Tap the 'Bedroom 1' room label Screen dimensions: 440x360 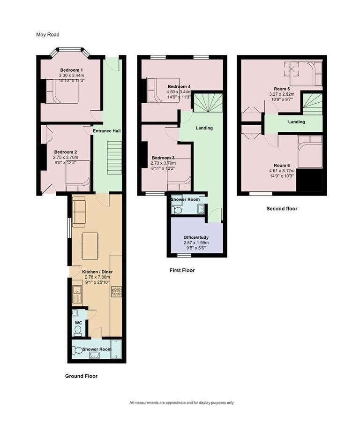pyautogui.click(x=71, y=70)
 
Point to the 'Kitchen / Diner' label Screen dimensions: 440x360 pyautogui.click(x=97, y=272)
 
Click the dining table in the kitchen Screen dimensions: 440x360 pyautogui.click(x=90, y=245)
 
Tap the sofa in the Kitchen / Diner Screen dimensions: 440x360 pyautogui.click(x=79, y=212)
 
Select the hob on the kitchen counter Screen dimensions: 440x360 pyautogui.click(x=116, y=292)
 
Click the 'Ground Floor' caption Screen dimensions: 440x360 pyautogui.click(x=82, y=376)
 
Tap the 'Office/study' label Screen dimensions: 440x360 pyautogui.click(x=196, y=237)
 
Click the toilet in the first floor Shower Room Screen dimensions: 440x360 pyautogui.click(x=177, y=210)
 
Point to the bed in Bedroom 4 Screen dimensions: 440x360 pyautogui.click(x=162, y=90)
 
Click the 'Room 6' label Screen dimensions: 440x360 pyautogui.click(x=282, y=165)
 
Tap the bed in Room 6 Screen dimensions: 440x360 pyautogui.click(x=310, y=151)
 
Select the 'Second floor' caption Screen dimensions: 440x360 pyautogui.click(x=282, y=209)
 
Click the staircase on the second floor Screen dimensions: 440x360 pyautogui.click(x=312, y=104)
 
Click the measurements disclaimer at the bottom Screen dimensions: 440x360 pyautogui.click(x=181, y=402)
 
